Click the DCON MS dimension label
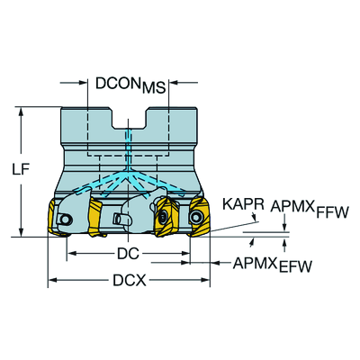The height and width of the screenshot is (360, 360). [130, 85]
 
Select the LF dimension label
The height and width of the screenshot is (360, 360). [21, 170]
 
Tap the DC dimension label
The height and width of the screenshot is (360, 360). [128, 254]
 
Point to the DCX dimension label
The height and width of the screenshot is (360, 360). [130, 281]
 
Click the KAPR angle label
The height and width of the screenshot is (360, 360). [243, 204]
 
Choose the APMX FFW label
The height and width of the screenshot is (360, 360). [310, 209]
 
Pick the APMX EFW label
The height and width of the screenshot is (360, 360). [273, 265]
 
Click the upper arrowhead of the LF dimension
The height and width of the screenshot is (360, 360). [21, 112]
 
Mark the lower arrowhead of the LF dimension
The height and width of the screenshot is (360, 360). [21, 232]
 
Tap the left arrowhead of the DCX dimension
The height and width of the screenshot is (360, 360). [53, 280]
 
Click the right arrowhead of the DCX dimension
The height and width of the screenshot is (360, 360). [205, 280]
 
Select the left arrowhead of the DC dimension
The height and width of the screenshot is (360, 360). [71, 254]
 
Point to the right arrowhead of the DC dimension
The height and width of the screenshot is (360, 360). [185, 254]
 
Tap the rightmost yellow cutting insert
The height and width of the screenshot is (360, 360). [200, 217]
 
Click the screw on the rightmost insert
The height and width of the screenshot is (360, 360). [196, 216]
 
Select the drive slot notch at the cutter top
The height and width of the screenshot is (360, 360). [130, 118]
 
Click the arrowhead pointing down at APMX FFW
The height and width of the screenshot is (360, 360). [284, 227]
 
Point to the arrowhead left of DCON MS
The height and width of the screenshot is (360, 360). [83, 82]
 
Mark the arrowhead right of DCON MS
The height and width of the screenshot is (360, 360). [175, 82]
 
